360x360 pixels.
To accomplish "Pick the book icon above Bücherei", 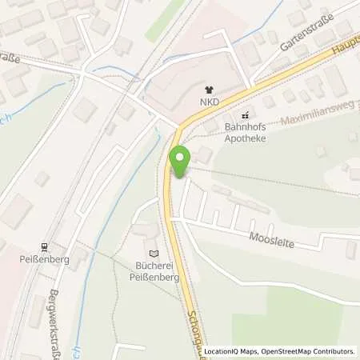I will (154, 254).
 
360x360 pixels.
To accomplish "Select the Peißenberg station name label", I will (46, 261).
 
